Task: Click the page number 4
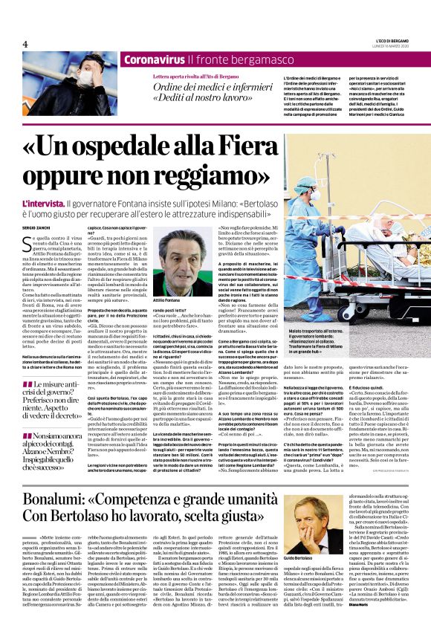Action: point(25,45)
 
